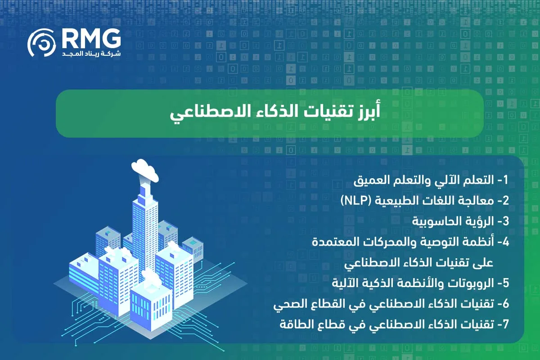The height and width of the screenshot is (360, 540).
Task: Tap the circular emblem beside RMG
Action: tap(41, 45)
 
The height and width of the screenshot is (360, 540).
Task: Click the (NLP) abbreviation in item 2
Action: tap(355, 201)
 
